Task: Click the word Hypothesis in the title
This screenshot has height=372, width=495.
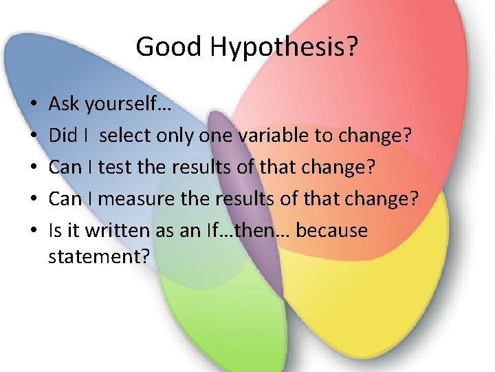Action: (285, 48)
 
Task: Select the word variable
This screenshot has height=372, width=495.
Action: (274, 136)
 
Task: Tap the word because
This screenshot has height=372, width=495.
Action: (332, 231)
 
